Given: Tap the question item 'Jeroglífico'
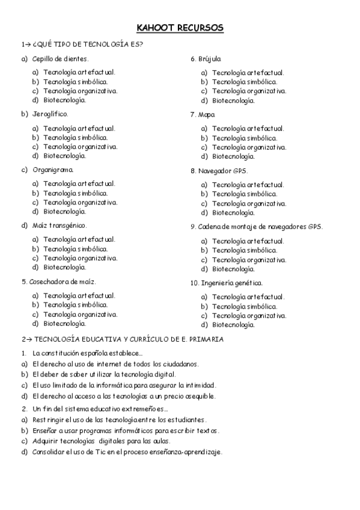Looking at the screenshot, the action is pos(50,114).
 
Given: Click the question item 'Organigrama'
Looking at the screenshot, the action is pos(53,170).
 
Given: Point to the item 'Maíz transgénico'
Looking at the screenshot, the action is pos(59,226).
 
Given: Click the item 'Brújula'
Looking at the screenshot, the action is pos(211,58).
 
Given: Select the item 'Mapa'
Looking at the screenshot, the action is pos(208,114).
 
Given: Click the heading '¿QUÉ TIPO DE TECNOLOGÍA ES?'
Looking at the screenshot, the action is pos(86,44).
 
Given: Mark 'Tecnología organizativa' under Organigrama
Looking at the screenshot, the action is pos(81,202).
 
